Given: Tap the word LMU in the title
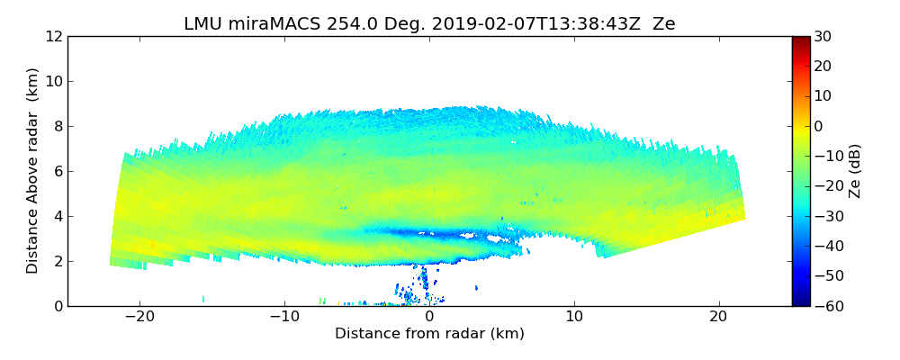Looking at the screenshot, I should point(202,24).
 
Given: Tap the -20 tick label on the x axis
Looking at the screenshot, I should point(139,317).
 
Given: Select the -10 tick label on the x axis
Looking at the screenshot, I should point(284,317).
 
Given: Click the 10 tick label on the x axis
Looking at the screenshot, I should point(574,317).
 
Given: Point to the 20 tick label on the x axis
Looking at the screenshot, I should point(718,317).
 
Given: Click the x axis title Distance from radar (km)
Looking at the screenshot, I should point(429,334).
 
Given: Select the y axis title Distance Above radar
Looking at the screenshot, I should point(33,170).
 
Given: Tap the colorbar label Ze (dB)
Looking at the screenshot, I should point(854,171).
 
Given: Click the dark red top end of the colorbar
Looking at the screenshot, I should point(800,40).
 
